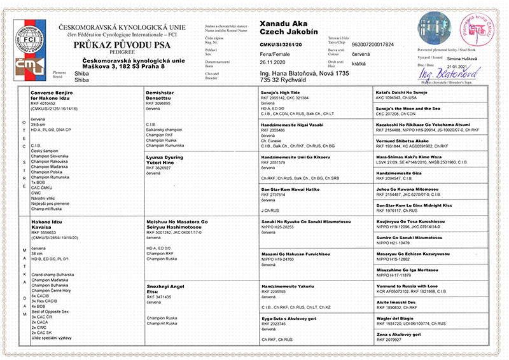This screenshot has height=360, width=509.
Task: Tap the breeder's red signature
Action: click(440, 75)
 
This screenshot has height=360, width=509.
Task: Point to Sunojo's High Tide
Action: click(285, 92)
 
